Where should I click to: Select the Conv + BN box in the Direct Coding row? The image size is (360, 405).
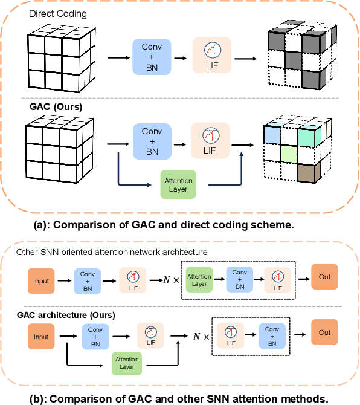pos(152,57)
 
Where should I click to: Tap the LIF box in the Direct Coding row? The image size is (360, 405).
pos(211,57)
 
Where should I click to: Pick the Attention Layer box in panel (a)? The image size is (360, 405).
pos(178,185)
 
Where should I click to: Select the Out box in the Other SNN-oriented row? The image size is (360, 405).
pos(325,277)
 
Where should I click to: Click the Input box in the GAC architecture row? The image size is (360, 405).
pos(41,337)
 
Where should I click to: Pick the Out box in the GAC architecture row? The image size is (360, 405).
pos(325,332)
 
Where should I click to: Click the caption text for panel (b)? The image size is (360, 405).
pos(179,398)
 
